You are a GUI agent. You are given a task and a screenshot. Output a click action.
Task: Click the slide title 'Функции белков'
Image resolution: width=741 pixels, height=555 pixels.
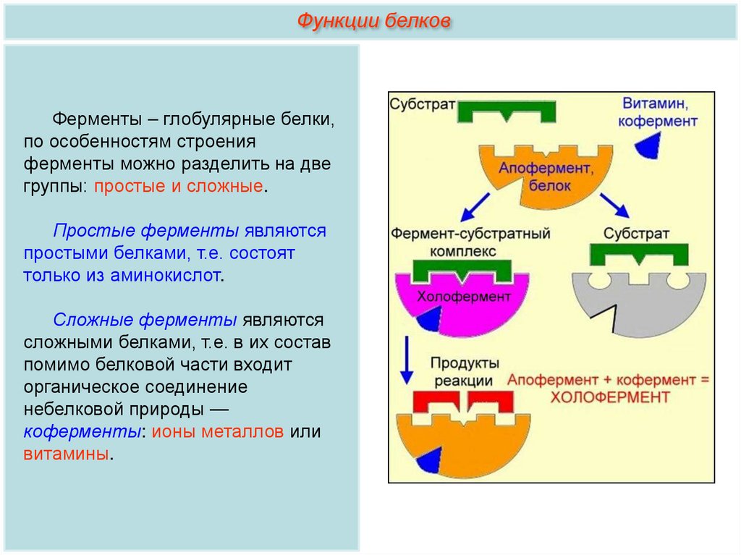[373, 21]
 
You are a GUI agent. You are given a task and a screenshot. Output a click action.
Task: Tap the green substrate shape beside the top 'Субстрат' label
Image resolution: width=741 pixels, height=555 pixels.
[507, 111]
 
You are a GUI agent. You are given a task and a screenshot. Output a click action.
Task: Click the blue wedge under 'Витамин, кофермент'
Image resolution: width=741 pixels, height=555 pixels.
[648, 145]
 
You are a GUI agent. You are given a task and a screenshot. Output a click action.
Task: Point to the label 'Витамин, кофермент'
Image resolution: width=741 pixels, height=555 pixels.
[657, 112]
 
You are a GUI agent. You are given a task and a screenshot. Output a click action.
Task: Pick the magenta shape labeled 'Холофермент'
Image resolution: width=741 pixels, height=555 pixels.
[462, 303]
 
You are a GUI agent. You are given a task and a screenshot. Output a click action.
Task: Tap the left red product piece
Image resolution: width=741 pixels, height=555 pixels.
[436, 402]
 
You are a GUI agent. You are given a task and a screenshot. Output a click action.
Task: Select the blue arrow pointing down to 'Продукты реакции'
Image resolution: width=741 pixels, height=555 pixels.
[407, 360]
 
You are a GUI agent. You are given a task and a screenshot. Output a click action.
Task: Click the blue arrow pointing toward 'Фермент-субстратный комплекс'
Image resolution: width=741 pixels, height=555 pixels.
[475, 207]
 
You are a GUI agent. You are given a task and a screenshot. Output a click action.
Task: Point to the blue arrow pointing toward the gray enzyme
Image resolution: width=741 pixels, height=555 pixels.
[614, 206]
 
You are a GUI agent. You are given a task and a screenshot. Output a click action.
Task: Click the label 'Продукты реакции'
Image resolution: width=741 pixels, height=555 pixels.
[464, 372]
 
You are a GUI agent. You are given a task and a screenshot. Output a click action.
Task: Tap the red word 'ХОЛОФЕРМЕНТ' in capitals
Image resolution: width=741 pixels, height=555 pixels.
[610, 397]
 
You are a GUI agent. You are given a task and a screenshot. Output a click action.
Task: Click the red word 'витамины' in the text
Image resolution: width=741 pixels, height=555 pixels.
[66, 454]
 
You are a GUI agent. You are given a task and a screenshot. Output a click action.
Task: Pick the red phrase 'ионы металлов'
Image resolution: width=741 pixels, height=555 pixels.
[217, 431]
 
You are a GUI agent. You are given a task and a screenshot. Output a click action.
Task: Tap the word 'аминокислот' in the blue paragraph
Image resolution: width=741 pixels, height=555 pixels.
[165, 275]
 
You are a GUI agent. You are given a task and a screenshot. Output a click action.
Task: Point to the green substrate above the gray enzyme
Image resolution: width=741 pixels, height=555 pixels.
[639, 255]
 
